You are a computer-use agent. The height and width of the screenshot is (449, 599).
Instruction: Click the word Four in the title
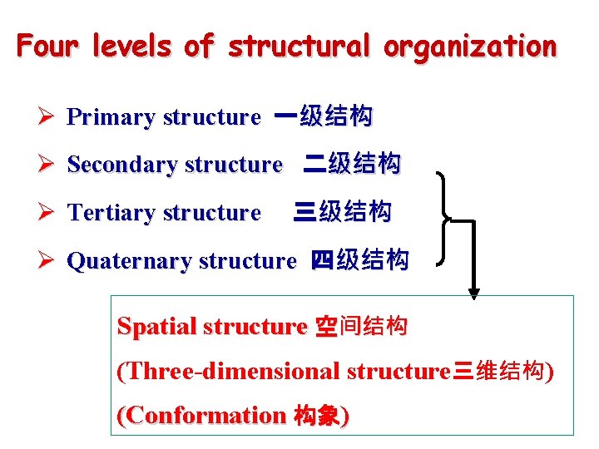click(42, 46)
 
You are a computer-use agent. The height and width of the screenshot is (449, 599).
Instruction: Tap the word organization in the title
click(469, 47)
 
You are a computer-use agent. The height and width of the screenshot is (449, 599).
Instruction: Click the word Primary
click(111, 117)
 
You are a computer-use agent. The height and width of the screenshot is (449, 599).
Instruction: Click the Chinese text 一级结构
click(324, 116)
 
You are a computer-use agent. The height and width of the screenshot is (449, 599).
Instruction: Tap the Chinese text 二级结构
click(352, 164)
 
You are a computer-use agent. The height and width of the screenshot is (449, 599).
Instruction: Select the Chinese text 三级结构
click(343, 212)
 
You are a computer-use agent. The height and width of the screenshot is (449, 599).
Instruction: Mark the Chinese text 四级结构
click(360, 260)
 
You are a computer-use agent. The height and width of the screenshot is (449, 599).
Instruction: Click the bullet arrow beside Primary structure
click(47, 117)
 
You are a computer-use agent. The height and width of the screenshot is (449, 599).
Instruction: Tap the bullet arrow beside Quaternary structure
click(47, 261)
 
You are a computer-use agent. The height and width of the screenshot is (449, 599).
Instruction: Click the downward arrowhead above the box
click(473, 292)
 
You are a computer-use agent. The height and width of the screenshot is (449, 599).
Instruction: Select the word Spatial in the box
click(151, 327)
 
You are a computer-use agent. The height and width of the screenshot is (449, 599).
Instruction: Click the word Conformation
click(202, 415)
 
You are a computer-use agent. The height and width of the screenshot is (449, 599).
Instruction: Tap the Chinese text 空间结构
click(361, 327)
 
